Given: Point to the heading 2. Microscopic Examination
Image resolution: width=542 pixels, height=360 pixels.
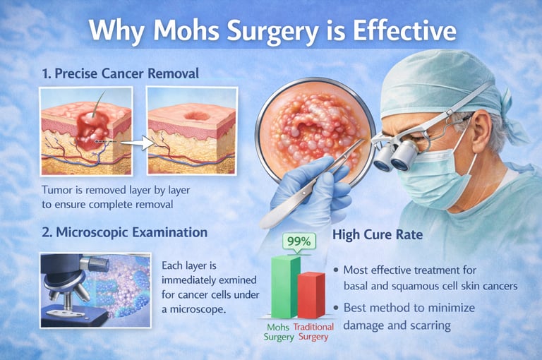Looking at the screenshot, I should [x=124, y=232].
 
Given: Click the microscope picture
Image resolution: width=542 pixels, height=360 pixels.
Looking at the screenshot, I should [x=95, y=289].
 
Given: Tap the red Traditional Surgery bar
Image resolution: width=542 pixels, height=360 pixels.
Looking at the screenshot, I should [x=311, y=295].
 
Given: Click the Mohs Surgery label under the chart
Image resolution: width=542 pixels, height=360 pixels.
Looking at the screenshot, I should [x=278, y=332].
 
